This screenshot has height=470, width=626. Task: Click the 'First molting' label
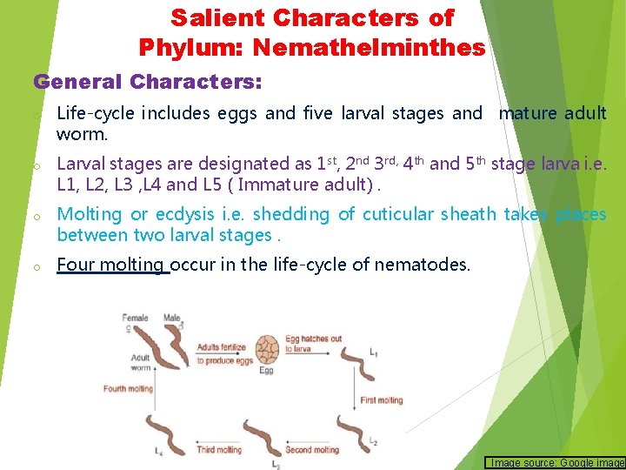381,400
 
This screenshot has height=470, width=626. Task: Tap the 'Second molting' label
312,450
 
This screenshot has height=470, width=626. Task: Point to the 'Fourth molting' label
128,389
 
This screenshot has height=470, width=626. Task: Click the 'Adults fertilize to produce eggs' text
225,353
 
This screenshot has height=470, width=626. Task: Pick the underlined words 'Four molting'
110,265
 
